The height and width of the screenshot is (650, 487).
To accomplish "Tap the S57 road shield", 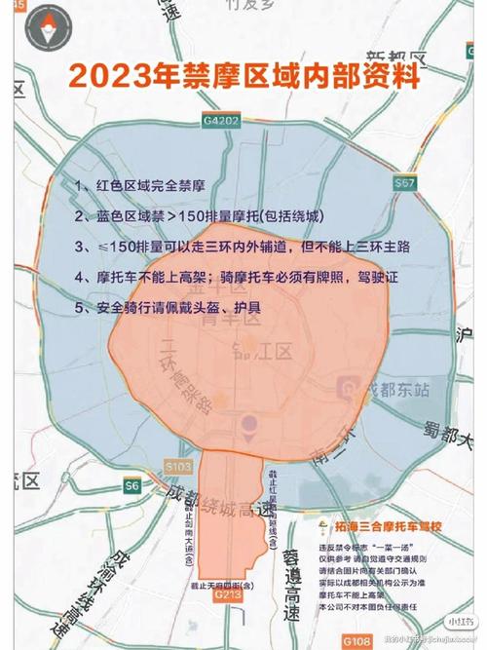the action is (x=406, y=182).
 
